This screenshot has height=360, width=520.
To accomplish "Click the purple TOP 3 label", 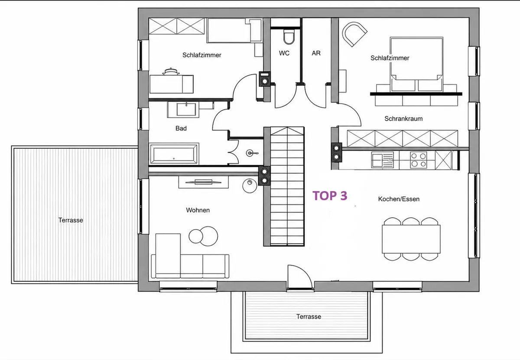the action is coord(330,196).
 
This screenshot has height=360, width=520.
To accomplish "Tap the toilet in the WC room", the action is coord(289,37).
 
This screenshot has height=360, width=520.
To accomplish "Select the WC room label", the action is coord(284,53).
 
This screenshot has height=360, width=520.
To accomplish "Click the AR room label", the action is coord(316,53).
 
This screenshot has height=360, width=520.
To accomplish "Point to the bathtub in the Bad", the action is coord(174,154).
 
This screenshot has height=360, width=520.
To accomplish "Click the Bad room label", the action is coord(181,128).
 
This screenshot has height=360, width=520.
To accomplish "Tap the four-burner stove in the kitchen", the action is coord(419,160).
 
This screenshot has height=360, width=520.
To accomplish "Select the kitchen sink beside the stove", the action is coord(382,160).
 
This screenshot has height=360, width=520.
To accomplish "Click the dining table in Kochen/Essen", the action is coord(411,239).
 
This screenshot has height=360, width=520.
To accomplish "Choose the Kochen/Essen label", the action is coord(399,199).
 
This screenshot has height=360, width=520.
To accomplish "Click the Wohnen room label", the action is coord(198,210).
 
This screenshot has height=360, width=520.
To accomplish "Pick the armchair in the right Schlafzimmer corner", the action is coord(354,34).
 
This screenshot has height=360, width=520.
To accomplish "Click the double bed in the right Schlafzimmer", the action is coord(417,64).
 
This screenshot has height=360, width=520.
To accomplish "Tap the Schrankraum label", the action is coord(403,119).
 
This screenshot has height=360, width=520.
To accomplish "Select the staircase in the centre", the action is coord(287,186).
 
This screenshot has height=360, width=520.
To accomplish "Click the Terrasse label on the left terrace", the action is coord(71,220).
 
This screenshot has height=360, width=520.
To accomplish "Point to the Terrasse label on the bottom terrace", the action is coord(309,317).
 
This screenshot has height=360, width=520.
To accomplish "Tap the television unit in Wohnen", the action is coord(203,182).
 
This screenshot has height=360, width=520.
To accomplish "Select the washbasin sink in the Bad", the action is coord(186,109).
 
